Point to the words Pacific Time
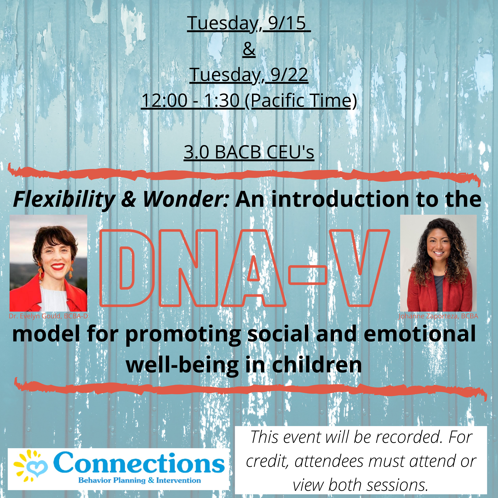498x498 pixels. click(x=301, y=101)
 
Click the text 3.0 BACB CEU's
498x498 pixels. click(x=249, y=152)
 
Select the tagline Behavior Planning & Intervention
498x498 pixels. click(x=139, y=480)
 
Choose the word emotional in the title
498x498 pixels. click(x=420, y=334)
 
